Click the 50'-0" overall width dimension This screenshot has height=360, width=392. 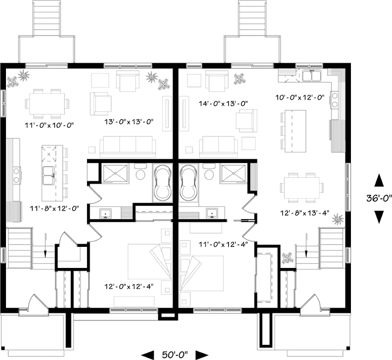click(x=175, y=355)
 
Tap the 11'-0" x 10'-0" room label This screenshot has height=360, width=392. click(x=49, y=125)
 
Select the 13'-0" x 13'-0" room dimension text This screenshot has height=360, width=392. click(x=129, y=122)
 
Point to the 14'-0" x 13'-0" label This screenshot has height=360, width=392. click(x=223, y=103)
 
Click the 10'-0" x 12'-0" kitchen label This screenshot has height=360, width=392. click(x=300, y=97)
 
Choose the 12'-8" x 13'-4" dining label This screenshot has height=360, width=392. click(x=305, y=213)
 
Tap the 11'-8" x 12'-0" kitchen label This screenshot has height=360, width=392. click(x=55, y=208)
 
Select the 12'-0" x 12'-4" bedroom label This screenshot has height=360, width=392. click(x=129, y=286)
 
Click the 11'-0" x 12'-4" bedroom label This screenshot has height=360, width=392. click(x=223, y=244)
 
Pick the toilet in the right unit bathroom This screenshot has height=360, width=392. click(x=209, y=172)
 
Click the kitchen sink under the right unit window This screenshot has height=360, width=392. click(x=311, y=76)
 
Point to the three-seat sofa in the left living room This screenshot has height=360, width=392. click(x=128, y=147)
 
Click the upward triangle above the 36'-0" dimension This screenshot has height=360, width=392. click(x=378, y=180)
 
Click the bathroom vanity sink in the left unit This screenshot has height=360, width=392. click(x=105, y=213)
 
